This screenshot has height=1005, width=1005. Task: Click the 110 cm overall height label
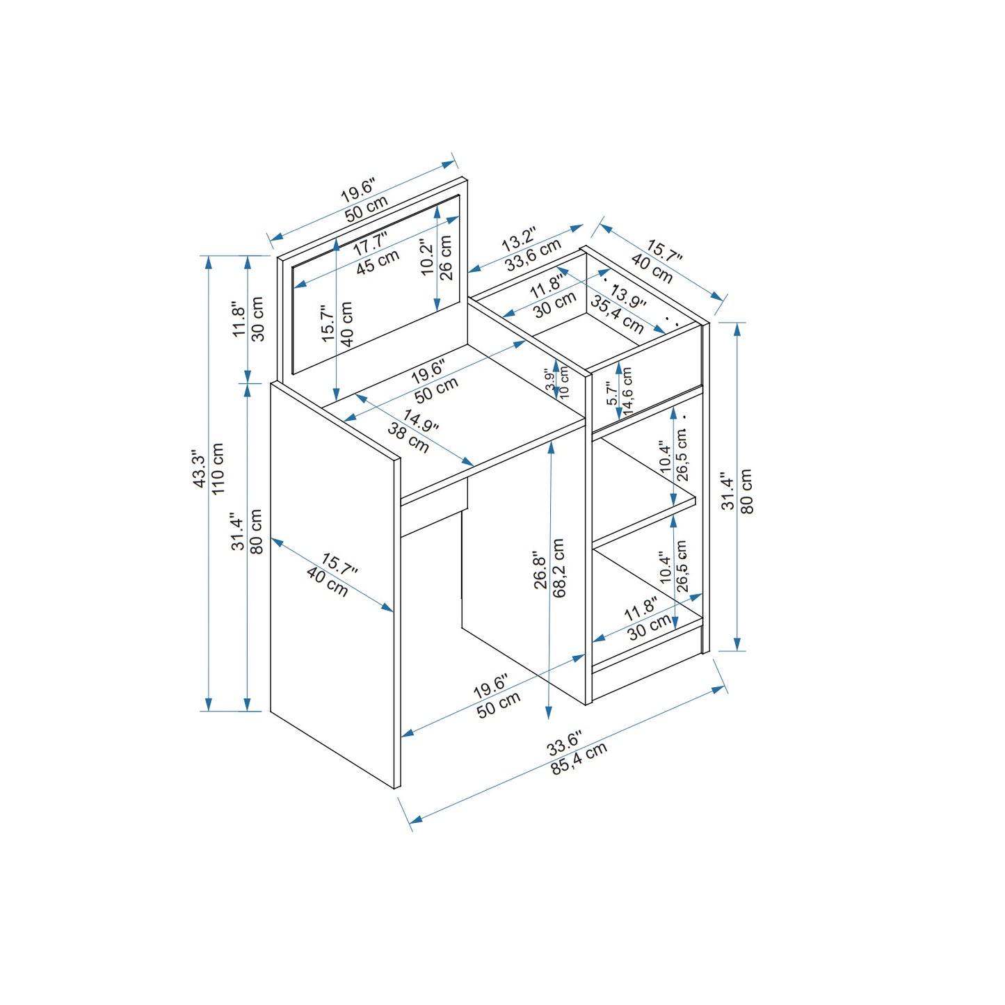[218, 469]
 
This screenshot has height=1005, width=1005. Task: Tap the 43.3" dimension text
[199, 469]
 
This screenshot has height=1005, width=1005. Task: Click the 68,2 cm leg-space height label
[558, 567]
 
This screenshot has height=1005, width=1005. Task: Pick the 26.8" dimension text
[540, 571]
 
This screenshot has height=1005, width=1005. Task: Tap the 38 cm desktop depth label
[408, 437]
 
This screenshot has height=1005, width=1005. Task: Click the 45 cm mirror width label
[378, 262]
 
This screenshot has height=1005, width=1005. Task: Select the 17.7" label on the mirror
[370, 244]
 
